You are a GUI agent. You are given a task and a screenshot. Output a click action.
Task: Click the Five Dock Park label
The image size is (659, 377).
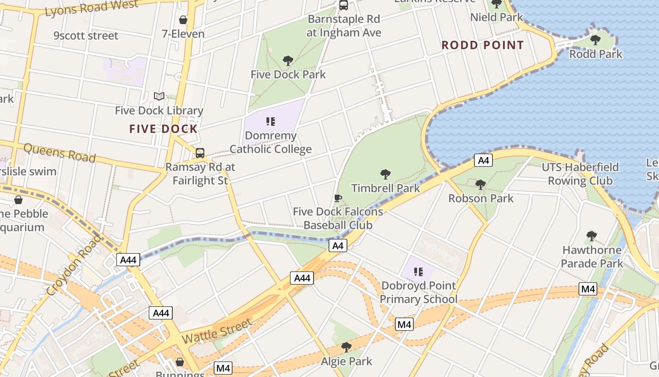288,74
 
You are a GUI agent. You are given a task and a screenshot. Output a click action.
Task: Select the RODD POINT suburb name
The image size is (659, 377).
482,46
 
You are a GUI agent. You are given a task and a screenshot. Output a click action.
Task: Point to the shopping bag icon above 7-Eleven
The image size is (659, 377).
183,20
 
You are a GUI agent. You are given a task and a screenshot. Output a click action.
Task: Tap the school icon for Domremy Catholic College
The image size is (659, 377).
271,122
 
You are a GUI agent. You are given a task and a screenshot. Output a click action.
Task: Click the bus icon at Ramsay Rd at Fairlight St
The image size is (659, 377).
200,153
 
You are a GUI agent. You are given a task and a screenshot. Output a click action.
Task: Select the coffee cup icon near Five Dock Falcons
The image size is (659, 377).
338,198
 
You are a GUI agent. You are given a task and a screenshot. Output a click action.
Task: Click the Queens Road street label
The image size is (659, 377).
59,153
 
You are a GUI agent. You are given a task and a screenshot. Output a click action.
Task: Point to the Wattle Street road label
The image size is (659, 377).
217,331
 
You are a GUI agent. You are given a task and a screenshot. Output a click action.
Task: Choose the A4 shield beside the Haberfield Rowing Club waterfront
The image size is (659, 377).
483,161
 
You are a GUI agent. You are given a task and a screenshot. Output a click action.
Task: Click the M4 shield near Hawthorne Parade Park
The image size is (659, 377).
588,289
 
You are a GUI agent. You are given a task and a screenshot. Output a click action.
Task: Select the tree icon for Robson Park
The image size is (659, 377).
481,185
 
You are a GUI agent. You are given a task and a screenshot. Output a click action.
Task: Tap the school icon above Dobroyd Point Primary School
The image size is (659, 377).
418,272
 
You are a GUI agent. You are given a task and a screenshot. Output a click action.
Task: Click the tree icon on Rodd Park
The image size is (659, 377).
595,40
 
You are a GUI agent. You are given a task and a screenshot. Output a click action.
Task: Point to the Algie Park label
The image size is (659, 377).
346,361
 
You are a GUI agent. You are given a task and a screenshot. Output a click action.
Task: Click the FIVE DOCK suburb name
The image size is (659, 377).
163,129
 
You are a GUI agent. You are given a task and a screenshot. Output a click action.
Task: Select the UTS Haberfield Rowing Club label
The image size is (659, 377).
580,174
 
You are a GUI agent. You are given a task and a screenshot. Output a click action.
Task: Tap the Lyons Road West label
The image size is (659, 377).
92,8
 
